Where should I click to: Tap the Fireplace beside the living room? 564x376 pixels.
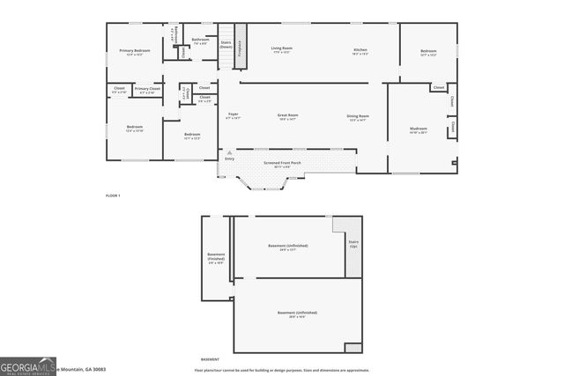(239, 49)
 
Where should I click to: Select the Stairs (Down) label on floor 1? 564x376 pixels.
(226, 44)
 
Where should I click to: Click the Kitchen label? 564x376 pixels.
(360, 50)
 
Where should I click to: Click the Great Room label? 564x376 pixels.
(288, 116)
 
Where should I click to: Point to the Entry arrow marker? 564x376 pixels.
(229, 152)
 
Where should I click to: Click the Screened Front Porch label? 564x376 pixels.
(283, 163)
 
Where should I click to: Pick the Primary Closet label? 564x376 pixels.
(147, 89)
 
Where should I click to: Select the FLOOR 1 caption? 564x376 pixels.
(112, 195)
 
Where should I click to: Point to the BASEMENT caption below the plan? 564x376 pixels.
(210, 359)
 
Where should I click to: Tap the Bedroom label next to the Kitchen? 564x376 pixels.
(428, 52)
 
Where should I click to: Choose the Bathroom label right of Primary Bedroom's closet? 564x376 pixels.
(201, 40)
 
